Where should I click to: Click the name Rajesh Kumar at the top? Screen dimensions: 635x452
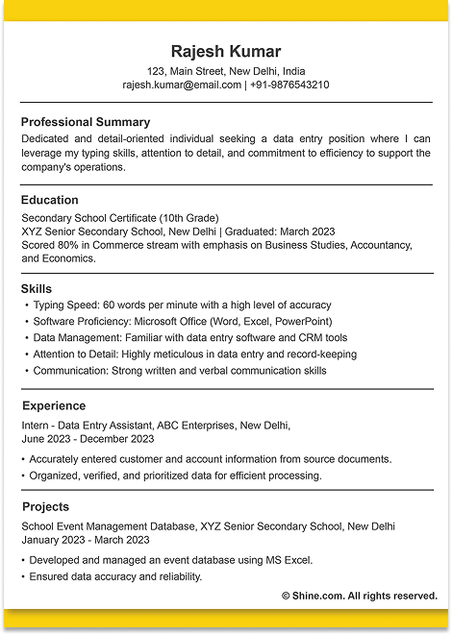[226, 51]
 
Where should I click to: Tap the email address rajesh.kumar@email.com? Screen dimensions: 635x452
[182, 85]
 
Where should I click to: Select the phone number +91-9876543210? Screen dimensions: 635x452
[289, 85]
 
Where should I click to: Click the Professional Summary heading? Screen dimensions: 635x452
[86, 122]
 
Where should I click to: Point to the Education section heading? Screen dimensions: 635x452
[50, 200]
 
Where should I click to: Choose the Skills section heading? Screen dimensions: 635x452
[37, 288]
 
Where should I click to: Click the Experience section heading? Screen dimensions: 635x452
[54, 405]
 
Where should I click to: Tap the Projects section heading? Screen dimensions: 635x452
[45, 506]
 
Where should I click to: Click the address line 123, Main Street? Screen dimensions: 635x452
[226, 71]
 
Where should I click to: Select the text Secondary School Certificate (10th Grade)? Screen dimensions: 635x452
[120, 217]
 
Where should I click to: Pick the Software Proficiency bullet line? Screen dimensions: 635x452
[182, 321]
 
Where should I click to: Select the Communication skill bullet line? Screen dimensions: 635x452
[179, 370]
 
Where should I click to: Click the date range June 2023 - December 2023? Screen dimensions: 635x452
[88, 438]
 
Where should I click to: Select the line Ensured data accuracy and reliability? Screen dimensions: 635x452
[115, 576]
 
